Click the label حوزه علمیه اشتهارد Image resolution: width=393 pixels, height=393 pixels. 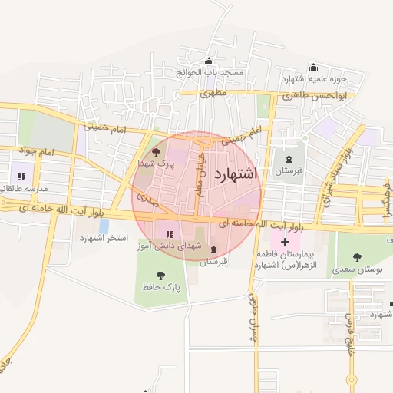point(315,78)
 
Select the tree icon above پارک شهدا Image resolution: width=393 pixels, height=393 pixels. point(157,152)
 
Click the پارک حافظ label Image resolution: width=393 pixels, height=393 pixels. point(160,287)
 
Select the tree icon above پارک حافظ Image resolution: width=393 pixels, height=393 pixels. point(160,275)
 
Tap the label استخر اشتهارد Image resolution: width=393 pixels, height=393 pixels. point(103,239)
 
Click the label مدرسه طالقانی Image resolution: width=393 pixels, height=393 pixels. point(25,188)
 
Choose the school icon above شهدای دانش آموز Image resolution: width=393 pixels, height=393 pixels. point(169,233)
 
